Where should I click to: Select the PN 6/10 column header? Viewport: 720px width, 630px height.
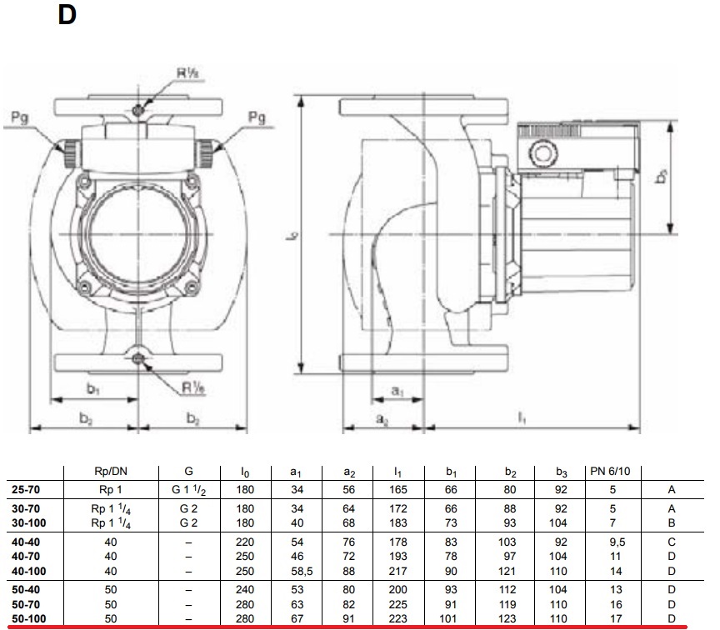(610, 472)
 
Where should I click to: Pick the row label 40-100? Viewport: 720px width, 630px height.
(28, 572)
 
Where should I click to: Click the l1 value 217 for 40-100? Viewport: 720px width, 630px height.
(402, 572)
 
